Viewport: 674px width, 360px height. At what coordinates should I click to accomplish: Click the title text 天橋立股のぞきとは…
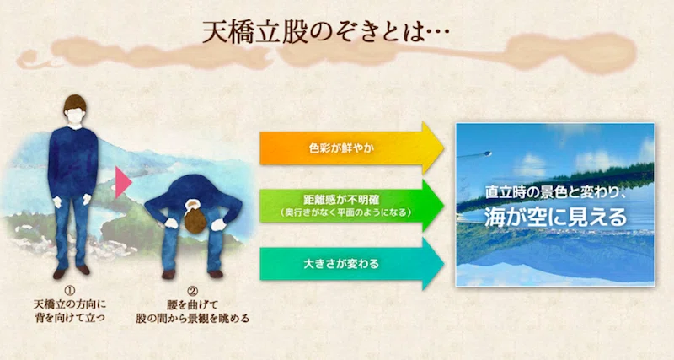pyautogui.click(x=325, y=31)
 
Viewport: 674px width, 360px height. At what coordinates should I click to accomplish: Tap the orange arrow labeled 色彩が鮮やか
pyautogui.click(x=351, y=148)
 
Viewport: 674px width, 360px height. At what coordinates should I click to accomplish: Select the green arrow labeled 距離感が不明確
pyautogui.click(x=351, y=206)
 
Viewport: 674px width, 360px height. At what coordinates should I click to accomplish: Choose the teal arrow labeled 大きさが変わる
pyautogui.click(x=351, y=263)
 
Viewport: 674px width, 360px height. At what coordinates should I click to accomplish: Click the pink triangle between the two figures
pyautogui.click(x=122, y=182)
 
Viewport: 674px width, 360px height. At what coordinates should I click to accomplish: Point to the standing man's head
pyautogui.click(x=75, y=110)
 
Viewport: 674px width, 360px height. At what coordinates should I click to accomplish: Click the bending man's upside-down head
pyautogui.click(x=195, y=218)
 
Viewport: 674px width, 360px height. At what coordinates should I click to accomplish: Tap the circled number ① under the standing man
pyautogui.click(x=69, y=292)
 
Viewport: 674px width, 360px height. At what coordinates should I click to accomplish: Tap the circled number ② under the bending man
pyautogui.click(x=193, y=292)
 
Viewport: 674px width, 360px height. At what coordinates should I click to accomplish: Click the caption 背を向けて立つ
pyautogui.click(x=70, y=319)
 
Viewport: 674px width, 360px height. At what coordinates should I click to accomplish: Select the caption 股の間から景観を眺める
pyautogui.click(x=193, y=319)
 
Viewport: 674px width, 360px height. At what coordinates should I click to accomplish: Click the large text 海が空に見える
pyautogui.click(x=556, y=218)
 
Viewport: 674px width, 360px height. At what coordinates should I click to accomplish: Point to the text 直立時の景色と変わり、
pyautogui.click(x=556, y=192)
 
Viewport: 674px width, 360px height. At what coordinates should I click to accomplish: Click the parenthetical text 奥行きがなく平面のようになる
pyautogui.click(x=345, y=212)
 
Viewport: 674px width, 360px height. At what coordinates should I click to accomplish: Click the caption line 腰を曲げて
pyautogui.click(x=193, y=305)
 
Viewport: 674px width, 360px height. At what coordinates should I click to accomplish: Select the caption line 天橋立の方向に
pyautogui.click(x=70, y=305)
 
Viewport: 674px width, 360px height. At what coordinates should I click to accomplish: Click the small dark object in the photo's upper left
pyautogui.click(x=486, y=153)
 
